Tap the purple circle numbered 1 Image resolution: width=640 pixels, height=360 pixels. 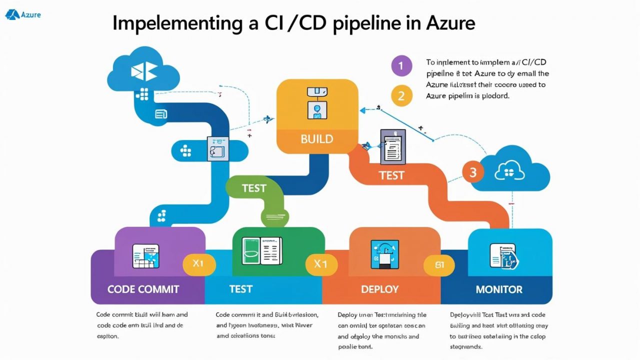tap(401, 65)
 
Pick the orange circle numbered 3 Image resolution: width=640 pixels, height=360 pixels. tap(473, 172)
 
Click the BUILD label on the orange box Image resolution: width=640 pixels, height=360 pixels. tap(317, 139)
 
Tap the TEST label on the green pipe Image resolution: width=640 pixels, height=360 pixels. tap(254, 188)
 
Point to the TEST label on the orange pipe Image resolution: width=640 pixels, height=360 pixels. tap(391, 175)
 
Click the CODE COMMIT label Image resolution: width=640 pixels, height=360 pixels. tap(143, 289)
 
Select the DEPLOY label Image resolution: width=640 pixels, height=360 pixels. tap(379, 289)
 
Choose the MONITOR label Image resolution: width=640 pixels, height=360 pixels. tap(499, 289)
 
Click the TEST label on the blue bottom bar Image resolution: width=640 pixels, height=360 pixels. tap(240, 289)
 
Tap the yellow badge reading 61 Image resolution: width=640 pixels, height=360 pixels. tap(439, 265)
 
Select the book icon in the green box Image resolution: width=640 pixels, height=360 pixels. tap(261, 251)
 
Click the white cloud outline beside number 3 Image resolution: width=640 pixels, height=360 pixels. tap(509, 172)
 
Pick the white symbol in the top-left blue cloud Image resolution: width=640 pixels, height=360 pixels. tap(143, 71)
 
